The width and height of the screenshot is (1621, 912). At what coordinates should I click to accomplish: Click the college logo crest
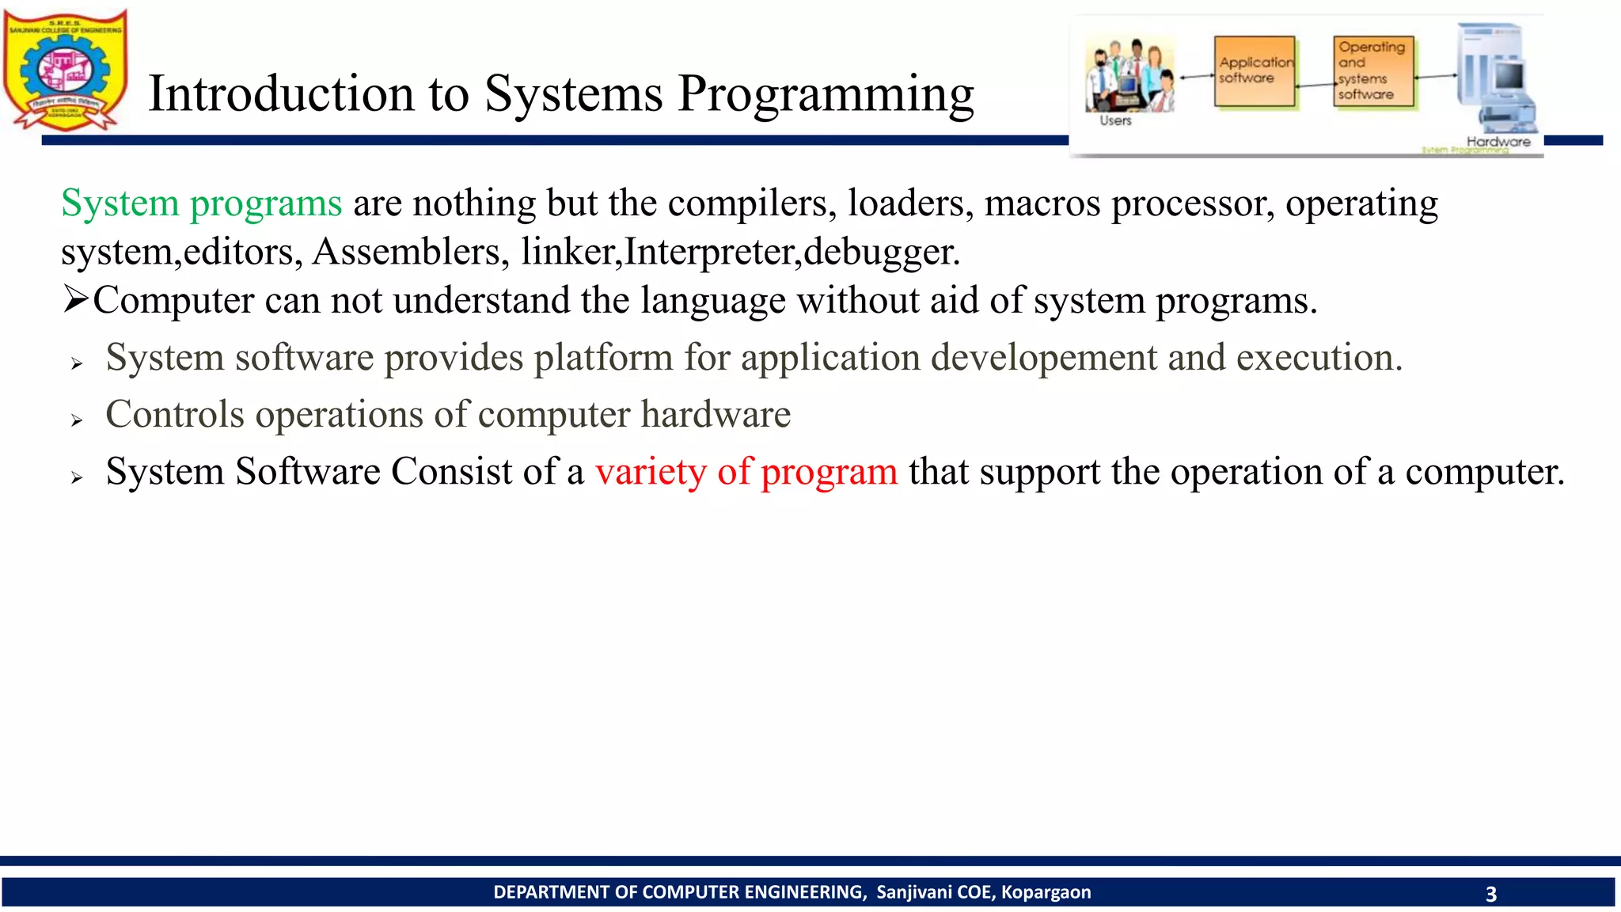(66, 70)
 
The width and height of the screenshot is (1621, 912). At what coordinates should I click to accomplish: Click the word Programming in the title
(826, 94)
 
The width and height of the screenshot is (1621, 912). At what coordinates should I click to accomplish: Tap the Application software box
(1255, 71)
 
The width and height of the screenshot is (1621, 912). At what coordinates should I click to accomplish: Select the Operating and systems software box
(1373, 71)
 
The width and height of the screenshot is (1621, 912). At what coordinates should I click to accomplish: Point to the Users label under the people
(1115, 121)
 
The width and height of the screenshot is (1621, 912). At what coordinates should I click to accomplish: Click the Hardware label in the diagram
(1498, 142)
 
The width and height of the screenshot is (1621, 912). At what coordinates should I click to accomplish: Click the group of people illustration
(1129, 75)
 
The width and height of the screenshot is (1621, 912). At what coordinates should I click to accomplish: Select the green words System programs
(201, 203)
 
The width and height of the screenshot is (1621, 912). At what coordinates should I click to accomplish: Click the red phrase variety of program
(746, 472)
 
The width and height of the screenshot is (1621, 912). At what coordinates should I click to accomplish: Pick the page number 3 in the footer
(1490, 895)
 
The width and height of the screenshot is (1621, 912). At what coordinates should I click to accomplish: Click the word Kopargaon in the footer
(1046, 892)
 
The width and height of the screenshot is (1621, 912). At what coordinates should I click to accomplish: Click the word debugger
(881, 253)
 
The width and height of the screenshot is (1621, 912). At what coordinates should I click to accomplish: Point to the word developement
(1043, 358)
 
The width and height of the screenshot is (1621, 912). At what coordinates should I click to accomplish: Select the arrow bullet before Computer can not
(75, 300)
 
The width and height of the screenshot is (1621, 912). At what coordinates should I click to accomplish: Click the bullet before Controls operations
(76, 420)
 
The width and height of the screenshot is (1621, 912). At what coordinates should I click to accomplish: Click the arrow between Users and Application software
(1196, 77)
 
